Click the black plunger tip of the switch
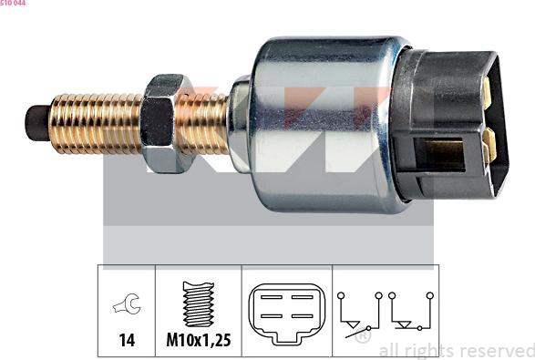[36, 123]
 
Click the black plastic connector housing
[450, 125]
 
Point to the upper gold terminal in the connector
[487, 88]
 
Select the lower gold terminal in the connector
[489, 146]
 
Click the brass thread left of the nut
[96, 124]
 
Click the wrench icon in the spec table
[127, 303]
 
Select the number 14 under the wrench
[127, 340]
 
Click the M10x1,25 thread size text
[199, 340]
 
